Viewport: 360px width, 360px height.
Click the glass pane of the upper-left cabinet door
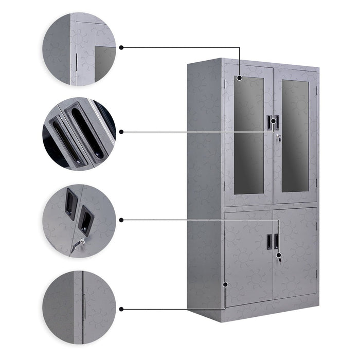click(x=249, y=134)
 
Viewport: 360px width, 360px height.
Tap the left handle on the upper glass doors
click(x=269, y=121)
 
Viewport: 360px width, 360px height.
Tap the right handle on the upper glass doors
click(x=277, y=121)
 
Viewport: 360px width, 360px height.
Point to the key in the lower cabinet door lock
click(x=279, y=259)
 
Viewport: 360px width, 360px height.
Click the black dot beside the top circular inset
click(x=121, y=47)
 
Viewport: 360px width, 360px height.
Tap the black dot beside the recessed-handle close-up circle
click(x=121, y=132)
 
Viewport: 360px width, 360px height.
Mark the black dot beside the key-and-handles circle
click(x=121, y=220)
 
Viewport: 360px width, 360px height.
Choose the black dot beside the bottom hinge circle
click(x=121, y=309)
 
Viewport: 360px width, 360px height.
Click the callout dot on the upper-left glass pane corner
click(x=240, y=78)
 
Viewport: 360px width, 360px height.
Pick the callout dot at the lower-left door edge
click(x=225, y=283)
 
